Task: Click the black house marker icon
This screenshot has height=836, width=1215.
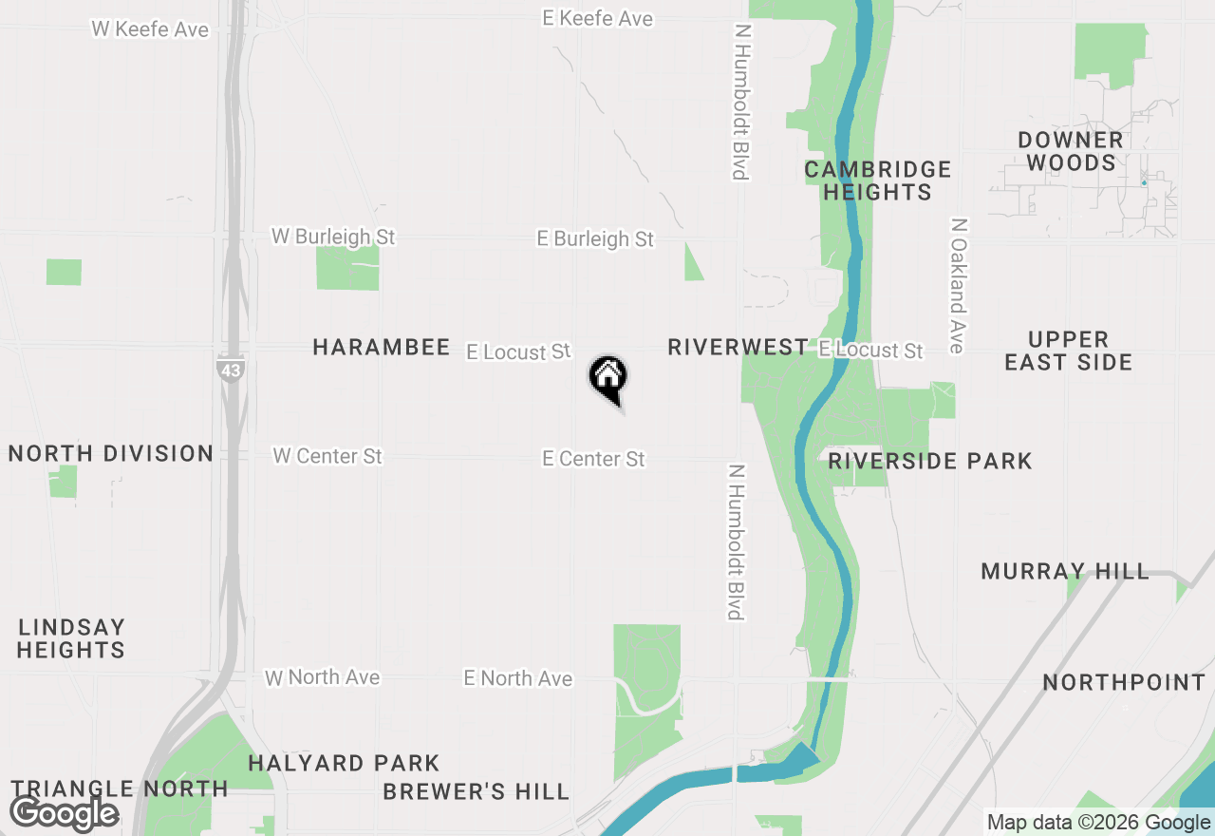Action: (x=608, y=377)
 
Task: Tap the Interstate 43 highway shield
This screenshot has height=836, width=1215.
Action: (x=230, y=370)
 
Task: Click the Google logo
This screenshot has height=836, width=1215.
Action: (x=65, y=813)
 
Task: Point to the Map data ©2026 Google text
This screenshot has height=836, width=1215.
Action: (x=1098, y=823)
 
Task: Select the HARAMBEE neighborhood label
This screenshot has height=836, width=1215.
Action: (x=382, y=348)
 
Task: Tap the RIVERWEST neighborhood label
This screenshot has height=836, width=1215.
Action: (x=738, y=348)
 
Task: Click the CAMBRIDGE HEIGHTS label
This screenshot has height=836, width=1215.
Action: (x=877, y=180)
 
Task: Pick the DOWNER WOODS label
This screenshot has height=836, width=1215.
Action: (x=1071, y=151)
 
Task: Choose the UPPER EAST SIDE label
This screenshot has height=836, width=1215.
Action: (x=1069, y=351)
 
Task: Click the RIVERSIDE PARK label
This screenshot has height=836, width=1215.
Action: (x=929, y=462)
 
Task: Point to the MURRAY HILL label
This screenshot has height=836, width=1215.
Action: (x=1065, y=572)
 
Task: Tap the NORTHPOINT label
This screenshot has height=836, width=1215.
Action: (x=1124, y=683)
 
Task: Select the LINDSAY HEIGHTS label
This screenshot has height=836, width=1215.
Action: (x=71, y=638)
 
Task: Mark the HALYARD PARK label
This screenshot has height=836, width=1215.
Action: (x=344, y=764)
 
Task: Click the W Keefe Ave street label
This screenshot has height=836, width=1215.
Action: (x=150, y=29)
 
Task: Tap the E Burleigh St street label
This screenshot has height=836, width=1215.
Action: (x=595, y=239)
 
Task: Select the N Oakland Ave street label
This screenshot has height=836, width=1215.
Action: (x=958, y=286)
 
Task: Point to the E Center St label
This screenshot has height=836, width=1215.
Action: (x=593, y=460)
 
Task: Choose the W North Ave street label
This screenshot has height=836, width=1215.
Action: (x=323, y=677)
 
